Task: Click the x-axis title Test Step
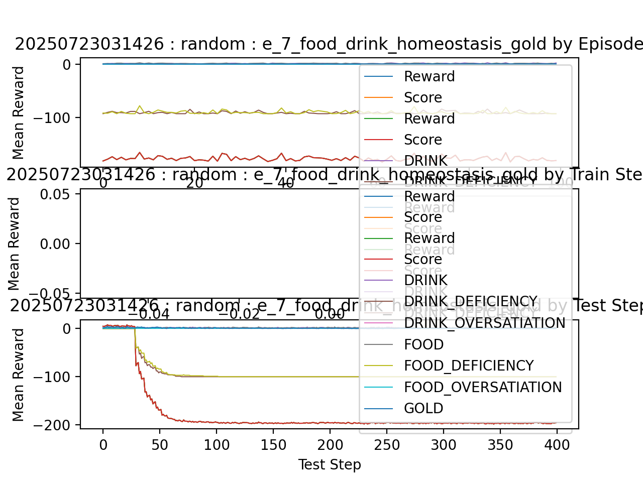pyautogui.click(x=330, y=465)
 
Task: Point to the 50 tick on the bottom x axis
pyautogui.click(x=160, y=445)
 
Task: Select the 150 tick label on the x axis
pyautogui.click(x=273, y=445)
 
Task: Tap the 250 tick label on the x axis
pyautogui.click(x=387, y=445)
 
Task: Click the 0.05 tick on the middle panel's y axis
pyautogui.click(x=57, y=194)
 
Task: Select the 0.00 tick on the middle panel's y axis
pyautogui.click(x=57, y=244)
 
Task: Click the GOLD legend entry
pyautogui.click(x=423, y=409)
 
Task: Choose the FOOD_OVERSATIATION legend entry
pyautogui.click(x=483, y=388)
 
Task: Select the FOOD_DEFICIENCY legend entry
pyautogui.click(x=469, y=366)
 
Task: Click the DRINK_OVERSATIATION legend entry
pyautogui.click(x=485, y=323)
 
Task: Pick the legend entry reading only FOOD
pyautogui.click(x=424, y=345)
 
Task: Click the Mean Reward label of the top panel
pyautogui.click(x=19, y=113)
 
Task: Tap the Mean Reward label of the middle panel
pyautogui.click(x=15, y=244)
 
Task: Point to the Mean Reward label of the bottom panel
pyautogui.click(x=19, y=375)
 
